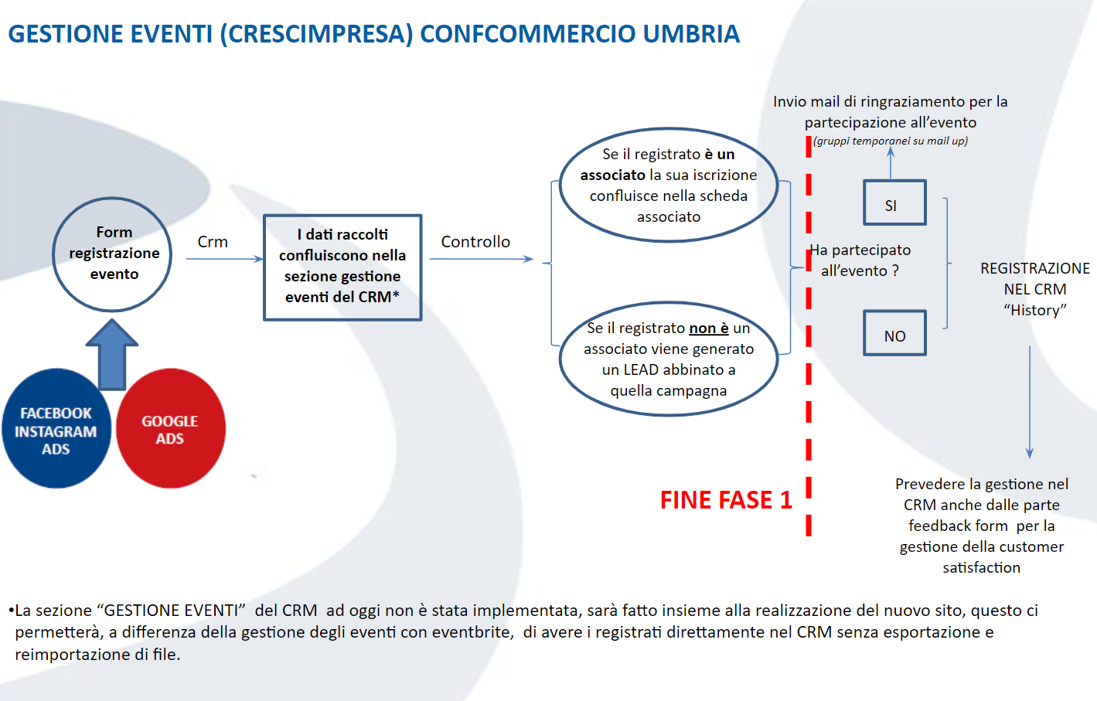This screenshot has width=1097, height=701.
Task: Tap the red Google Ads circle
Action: [171, 430]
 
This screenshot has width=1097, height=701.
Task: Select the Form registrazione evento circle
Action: [113, 254]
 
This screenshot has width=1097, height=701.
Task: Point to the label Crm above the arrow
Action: [213, 242]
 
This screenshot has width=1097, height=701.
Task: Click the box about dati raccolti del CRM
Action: [342, 267]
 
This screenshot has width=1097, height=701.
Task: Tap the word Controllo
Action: [475, 242]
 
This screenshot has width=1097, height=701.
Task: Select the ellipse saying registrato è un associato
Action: [669, 185]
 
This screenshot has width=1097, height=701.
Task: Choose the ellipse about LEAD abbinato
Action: [669, 359]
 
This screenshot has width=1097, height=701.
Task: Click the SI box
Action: [894, 203]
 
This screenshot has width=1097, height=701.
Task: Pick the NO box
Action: [894, 334]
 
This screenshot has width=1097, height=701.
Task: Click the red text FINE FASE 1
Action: [726, 501]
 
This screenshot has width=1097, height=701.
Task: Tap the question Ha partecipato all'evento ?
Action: [860, 260]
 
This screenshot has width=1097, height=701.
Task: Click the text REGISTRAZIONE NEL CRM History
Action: [1034, 289]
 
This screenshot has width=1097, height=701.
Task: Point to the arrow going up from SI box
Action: [891, 163]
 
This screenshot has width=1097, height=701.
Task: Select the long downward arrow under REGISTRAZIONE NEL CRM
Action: [1029, 402]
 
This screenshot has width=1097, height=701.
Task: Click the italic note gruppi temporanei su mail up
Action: [891, 141]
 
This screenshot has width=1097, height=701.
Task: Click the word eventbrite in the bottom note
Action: [472, 632]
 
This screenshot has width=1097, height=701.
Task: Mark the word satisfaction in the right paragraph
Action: [981, 567]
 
